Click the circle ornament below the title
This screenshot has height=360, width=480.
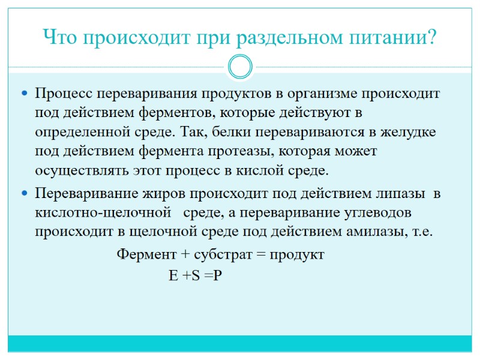click(x=240, y=67)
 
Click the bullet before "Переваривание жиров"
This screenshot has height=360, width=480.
click(x=25, y=194)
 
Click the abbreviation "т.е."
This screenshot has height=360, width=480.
click(x=419, y=232)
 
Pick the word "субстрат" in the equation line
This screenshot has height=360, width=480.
click(x=223, y=254)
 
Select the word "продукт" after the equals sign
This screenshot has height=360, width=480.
click(x=297, y=254)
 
